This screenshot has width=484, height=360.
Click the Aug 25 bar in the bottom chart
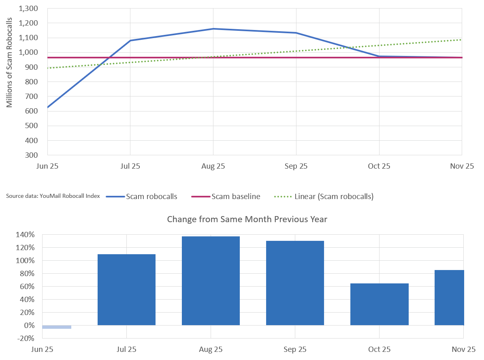[211, 281]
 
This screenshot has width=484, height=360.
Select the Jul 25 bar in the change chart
[126, 289]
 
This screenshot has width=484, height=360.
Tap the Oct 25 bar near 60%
[379, 304]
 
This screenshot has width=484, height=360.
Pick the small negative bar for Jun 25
[57, 327]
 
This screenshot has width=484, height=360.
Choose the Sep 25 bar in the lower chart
[295, 283]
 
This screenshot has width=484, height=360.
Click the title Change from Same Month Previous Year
[247, 219]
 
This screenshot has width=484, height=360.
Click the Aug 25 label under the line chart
[213, 166]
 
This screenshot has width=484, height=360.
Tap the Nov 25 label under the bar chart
[463, 349]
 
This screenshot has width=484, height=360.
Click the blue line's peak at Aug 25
[213, 29]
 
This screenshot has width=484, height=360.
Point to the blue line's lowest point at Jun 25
[48, 107]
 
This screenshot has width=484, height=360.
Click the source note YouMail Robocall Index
[53, 197]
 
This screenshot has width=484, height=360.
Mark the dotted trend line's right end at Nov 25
[462, 40]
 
